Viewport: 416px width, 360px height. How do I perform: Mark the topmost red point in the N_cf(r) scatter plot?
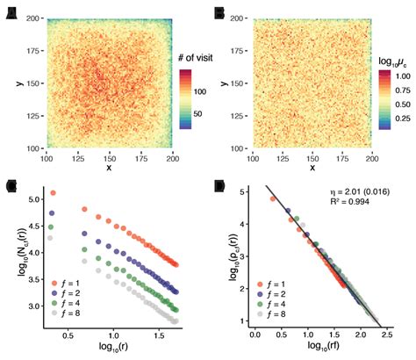[53, 193]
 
